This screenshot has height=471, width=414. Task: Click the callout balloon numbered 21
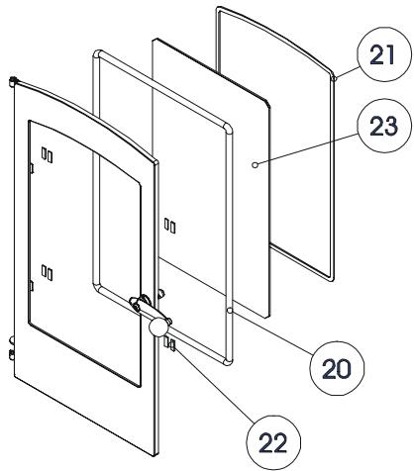click(385, 54)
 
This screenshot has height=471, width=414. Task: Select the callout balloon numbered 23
click(385, 126)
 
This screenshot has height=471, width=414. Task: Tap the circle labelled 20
click(337, 368)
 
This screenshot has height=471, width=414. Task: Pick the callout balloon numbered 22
click(273, 442)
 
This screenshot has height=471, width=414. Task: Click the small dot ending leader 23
click(255, 164)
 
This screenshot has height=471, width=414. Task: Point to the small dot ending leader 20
click(230, 311)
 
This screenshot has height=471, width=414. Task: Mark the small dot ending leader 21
click(335, 78)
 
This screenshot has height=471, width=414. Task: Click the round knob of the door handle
click(158, 327)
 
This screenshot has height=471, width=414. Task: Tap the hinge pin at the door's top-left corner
click(13, 81)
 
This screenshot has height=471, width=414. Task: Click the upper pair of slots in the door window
click(47, 155)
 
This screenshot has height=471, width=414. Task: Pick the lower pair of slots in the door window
click(47, 272)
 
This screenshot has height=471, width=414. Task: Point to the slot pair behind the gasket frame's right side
click(169, 226)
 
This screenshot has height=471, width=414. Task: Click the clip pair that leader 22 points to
click(169, 344)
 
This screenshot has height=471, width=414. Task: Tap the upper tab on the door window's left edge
click(32, 168)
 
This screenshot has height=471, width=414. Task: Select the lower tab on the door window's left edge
click(32, 286)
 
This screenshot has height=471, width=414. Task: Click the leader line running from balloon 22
click(215, 384)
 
